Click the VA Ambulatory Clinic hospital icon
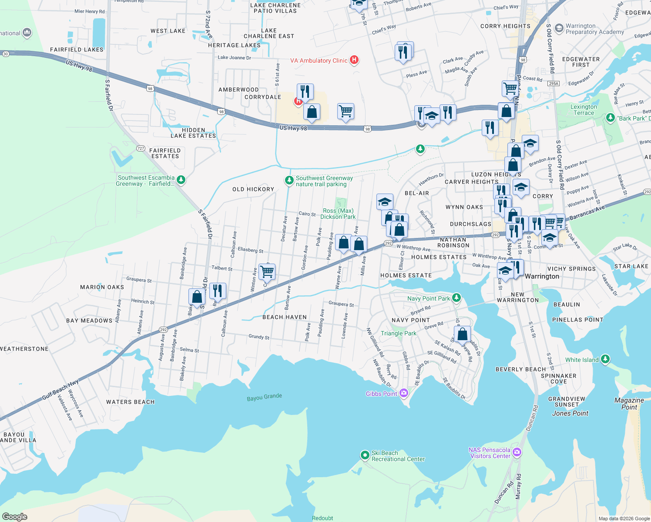coord(354,60)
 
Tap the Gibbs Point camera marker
coord(404,393)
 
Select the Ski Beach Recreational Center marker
coord(365,455)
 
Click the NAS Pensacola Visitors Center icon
coord(517,452)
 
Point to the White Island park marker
coord(605,359)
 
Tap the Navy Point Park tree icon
coord(456,298)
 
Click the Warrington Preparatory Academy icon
coord(559,29)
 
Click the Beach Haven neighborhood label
coord(284,317)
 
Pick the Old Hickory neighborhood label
coord(253,189)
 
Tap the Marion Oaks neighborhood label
coord(102,287)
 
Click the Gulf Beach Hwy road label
coord(60,390)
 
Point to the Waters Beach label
coord(130,402)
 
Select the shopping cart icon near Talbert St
coord(267,272)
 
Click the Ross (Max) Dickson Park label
coord(338,214)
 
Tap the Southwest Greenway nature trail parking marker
coord(289,180)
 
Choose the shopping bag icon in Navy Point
coord(463,334)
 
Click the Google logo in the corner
coord(14,516)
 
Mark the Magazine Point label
coord(629,404)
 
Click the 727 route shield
coord(141,148)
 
